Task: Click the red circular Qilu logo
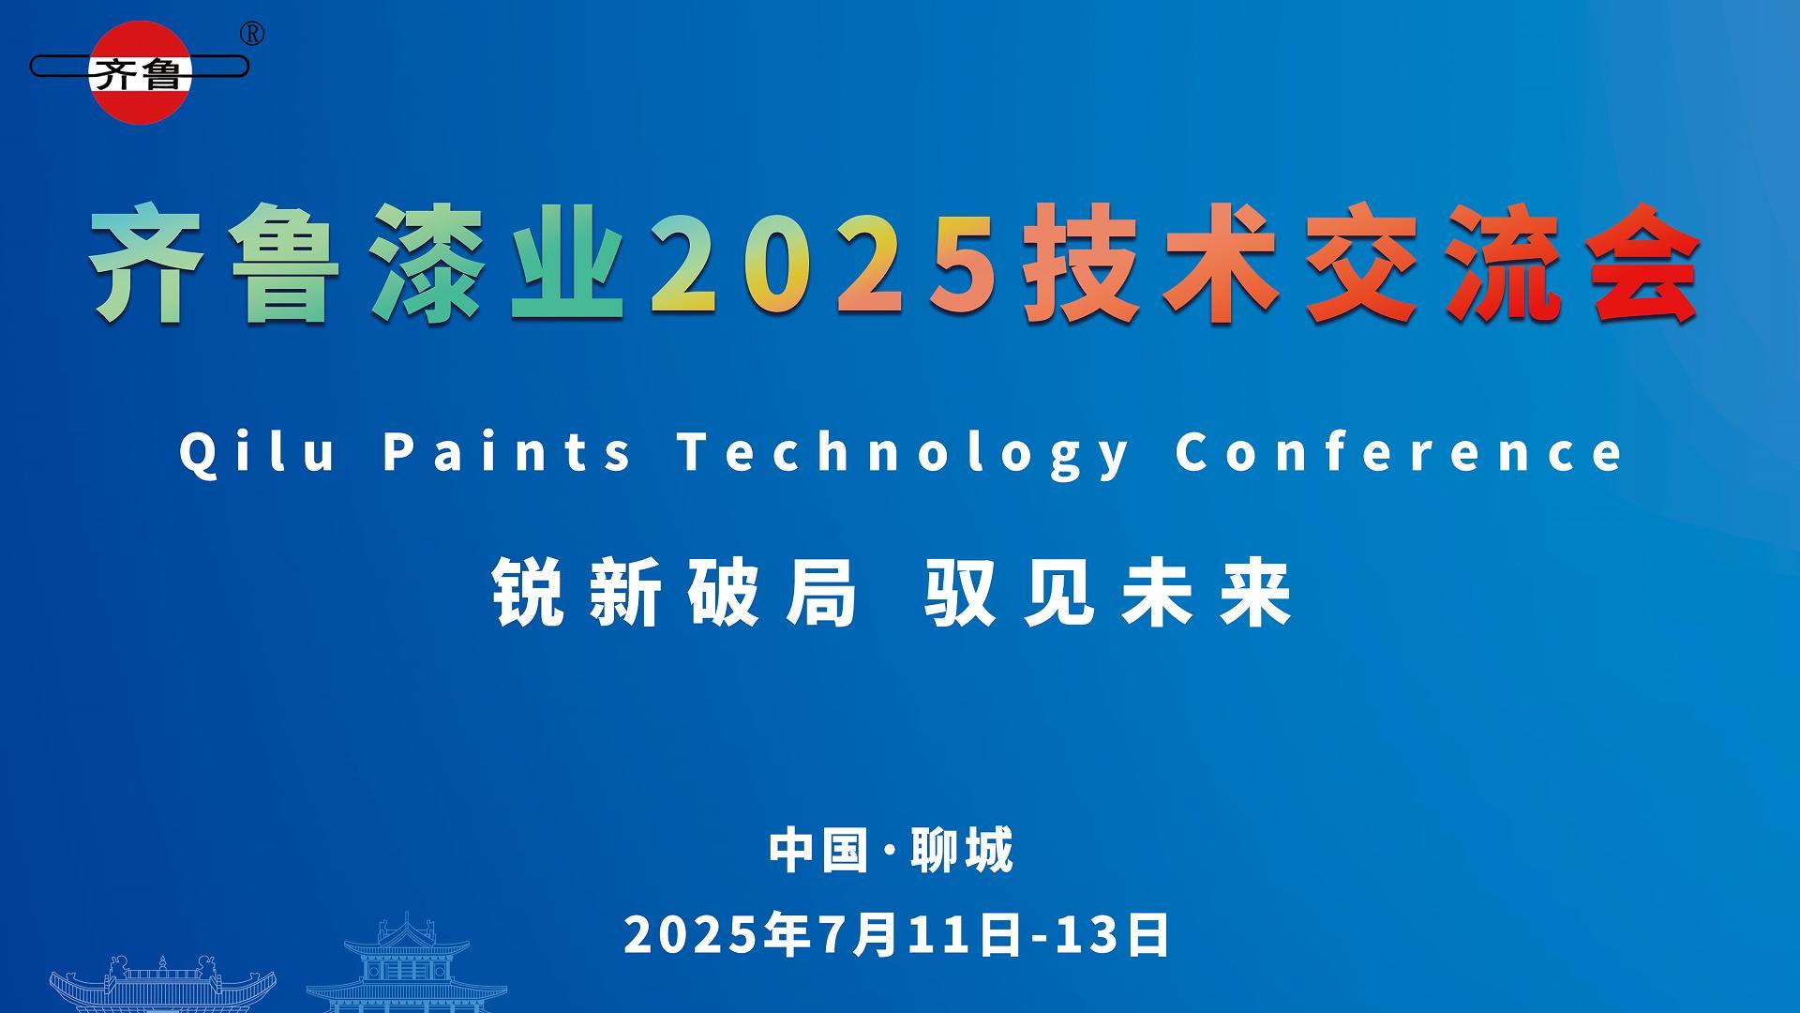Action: tap(141, 72)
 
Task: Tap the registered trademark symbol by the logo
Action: tap(252, 34)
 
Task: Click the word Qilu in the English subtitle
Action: tap(258, 451)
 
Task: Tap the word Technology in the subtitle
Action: tap(904, 453)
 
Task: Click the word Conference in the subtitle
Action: tap(1399, 451)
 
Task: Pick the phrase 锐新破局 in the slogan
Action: tap(675, 593)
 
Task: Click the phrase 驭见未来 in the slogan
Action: tap(1108, 593)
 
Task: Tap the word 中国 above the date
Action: tap(818, 850)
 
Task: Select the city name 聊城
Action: tap(963, 850)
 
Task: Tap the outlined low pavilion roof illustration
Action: tap(163, 984)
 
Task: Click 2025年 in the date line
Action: tap(717, 935)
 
